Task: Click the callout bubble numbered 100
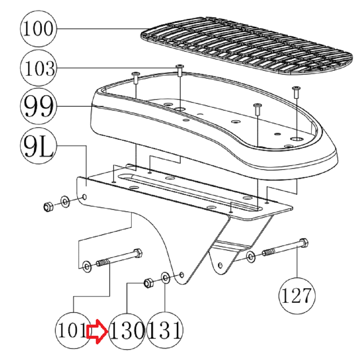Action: click(x=38, y=28)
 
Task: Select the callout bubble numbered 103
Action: click(x=38, y=68)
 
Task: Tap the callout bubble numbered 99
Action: click(x=38, y=106)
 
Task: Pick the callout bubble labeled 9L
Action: click(x=38, y=146)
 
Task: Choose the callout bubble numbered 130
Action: click(x=127, y=331)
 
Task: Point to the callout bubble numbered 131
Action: click(x=165, y=331)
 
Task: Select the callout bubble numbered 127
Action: click(x=297, y=296)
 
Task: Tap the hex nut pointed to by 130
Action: click(x=148, y=283)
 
